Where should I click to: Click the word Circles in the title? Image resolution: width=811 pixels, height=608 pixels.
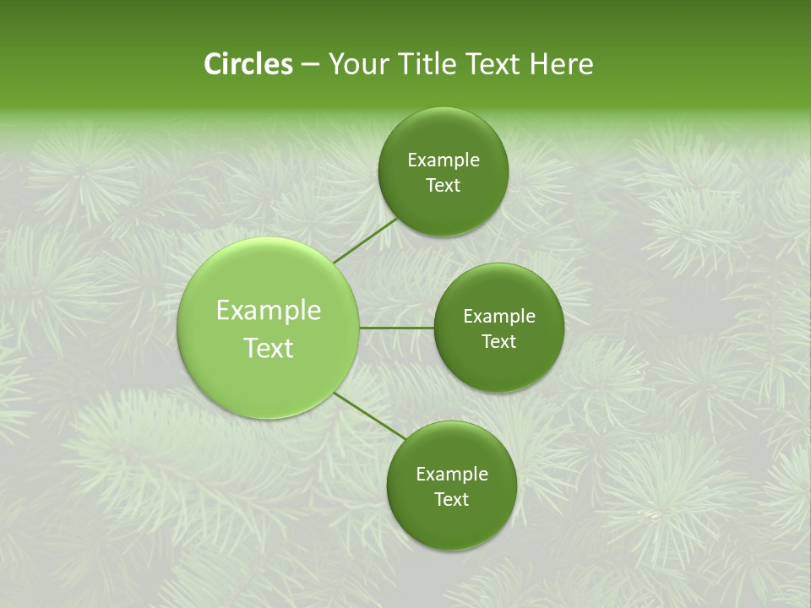point(248,64)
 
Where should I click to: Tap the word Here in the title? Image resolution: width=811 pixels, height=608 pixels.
point(562,64)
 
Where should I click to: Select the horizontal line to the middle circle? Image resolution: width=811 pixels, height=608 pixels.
point(397,328)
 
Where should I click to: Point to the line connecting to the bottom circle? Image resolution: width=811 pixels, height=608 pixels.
point(370,416)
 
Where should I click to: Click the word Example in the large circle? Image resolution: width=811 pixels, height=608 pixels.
point(269,311)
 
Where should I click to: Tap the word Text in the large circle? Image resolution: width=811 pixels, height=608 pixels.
point(269,348)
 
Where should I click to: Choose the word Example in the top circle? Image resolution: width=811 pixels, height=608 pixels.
point(444,160)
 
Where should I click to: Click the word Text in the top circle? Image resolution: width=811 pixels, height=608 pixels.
point(443,186)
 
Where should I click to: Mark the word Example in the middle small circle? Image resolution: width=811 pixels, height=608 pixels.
point(499,317)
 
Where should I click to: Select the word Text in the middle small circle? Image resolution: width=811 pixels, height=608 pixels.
point(498,342)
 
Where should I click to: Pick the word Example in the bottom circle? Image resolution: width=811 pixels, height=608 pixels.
point(452,475)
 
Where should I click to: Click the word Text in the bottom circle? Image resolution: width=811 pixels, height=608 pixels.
point(451,500)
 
